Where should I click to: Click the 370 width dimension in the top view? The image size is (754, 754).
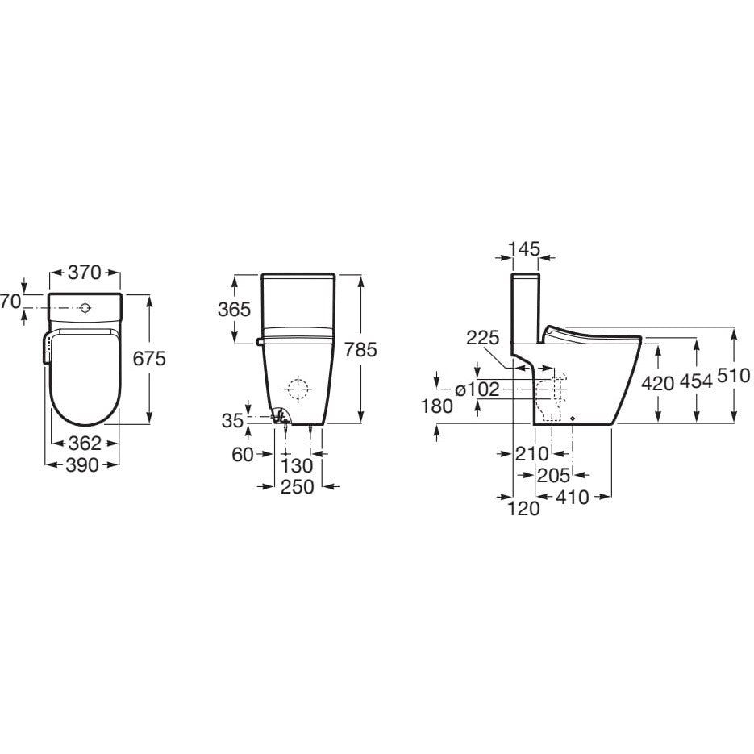(x=85, y=273)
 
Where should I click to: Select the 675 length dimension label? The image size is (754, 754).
(x=149, y=358)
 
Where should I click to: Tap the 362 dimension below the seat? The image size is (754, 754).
(x=84, y=443)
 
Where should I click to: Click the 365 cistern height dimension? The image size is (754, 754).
(x=235, y=309)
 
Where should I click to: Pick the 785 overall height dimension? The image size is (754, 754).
(x=360, y=348)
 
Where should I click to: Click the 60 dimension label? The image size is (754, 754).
(x=242, y=455)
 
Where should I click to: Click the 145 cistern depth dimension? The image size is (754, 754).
(x=525, y=249)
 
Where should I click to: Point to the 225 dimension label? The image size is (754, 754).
(x=482, y=338)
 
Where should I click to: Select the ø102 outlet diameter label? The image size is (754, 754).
(x=477, y=389)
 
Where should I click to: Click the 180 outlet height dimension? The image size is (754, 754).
(x=437, y=406)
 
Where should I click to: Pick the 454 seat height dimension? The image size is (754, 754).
(x=696, y=382)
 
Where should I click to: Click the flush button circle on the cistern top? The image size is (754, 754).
(x=85, y=307)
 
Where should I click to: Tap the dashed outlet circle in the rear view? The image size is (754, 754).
(x=298, y=389)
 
